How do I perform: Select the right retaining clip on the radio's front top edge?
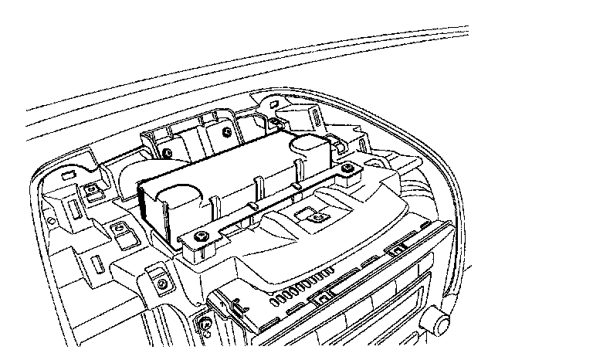pos(397,248)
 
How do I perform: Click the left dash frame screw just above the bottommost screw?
pos(162,284)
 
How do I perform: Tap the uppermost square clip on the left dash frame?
pos(92,187)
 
